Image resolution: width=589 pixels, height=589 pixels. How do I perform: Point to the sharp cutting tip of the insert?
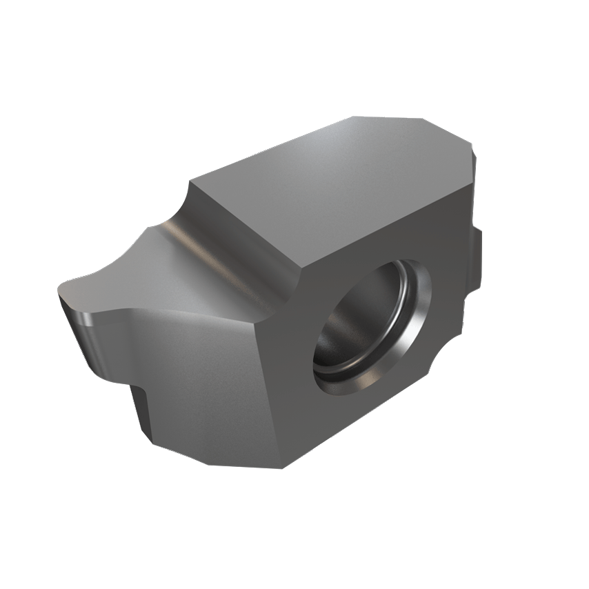pyautogui.click(x=63, y=290)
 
